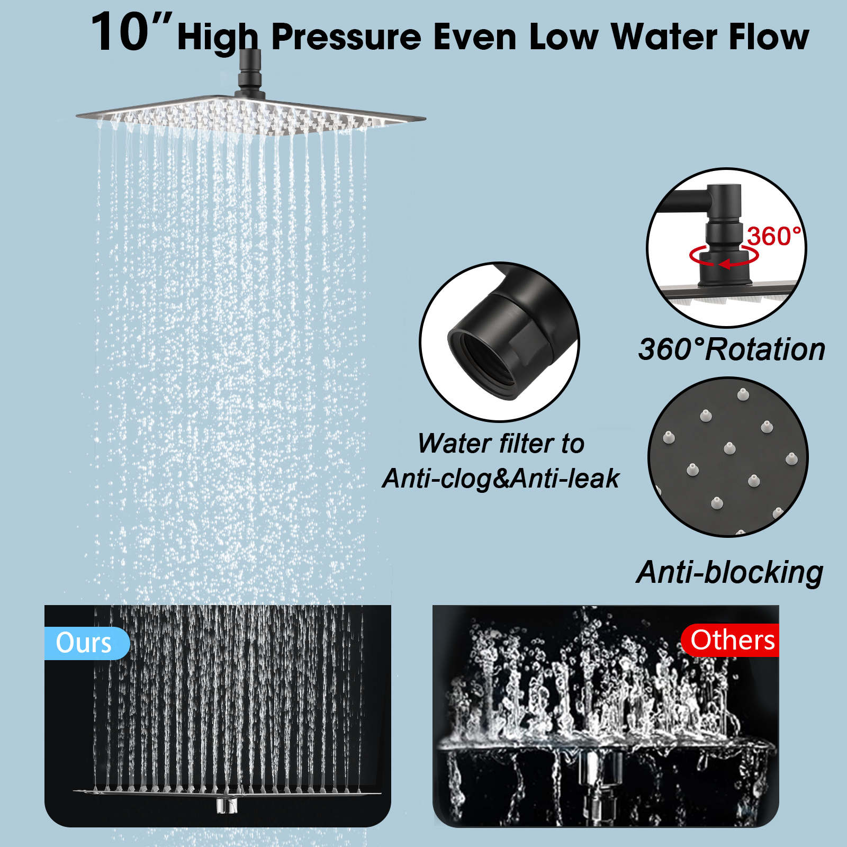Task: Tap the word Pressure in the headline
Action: (x=347, y=37)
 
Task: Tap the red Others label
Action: (x=731, y=641)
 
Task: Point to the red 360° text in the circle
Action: (x=774, y=236)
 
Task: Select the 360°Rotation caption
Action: (x=732, y=349)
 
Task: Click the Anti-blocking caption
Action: (x=729, y=573)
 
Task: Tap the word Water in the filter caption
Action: (x=454, y=443)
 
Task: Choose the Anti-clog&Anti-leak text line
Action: (x=500, y=479)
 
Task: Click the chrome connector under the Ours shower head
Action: (x=227, y=805)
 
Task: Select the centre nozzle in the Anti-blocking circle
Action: (x=729, y=448)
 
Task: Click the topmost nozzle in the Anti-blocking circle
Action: (x=743, y=394)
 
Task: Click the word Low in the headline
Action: (x=564, y=37)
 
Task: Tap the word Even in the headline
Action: (x=475, y=37)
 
